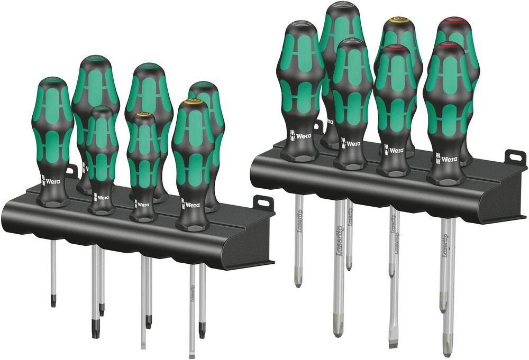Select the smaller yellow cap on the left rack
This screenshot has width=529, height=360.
pyautogui.click(x=143, y=114)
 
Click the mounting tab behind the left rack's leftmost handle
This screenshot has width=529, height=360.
pyautogui.click(x=71, y=171)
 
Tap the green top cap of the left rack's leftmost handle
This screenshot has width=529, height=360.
pyautogui.click(x=52, y=80)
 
